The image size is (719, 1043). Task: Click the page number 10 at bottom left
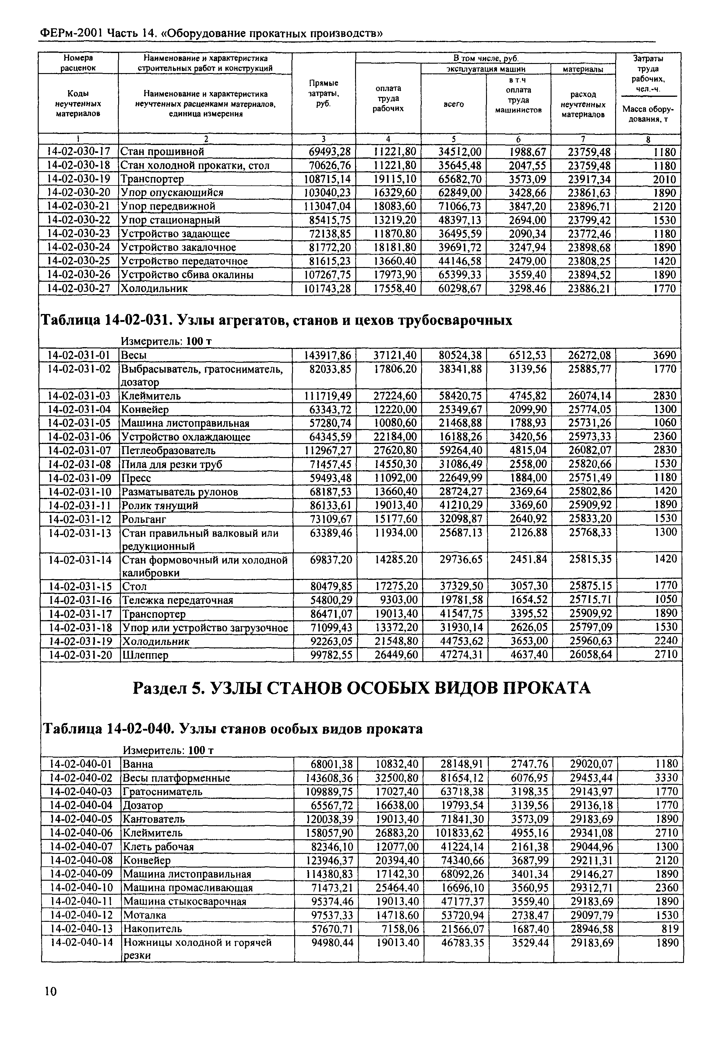pyautogui.click(x=51, y=991)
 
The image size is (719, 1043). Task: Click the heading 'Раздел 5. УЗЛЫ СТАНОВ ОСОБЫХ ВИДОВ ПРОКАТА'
pyautogui.click(x=361, y=689)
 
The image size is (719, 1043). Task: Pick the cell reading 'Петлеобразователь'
pyautogui.click(x=168, y=450)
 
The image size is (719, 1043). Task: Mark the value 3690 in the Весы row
pyautogui.click(x=664, y=355)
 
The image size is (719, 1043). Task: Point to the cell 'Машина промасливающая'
pyautogui.click(x=188, y=888)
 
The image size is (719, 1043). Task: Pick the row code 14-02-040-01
pyautogui.click(x=81, y=764)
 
